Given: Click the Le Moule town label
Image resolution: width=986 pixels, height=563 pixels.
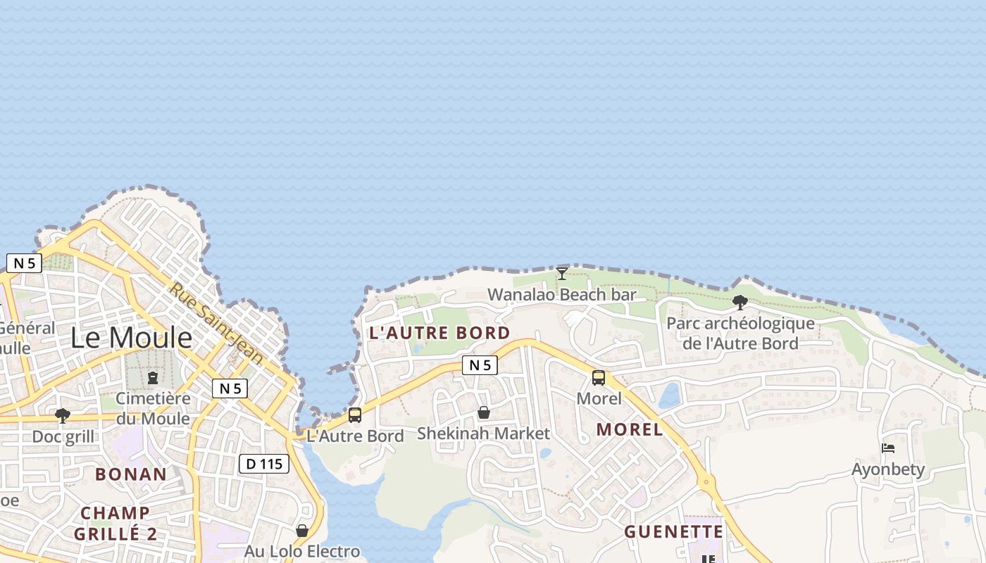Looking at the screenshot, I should pyautogui.click(x=131, y=338).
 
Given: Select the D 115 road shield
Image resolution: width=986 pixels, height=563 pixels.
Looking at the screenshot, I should pyautogui.click(x=264, y=464).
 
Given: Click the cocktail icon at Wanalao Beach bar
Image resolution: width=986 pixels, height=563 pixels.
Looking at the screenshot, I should pyautogui.click(x=561, y=273).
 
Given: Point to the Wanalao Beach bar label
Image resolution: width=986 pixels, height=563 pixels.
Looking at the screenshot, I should pyautogui.click(x=561, y=294).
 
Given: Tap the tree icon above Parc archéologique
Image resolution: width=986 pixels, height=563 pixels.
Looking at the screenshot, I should pyautogui.click(x=739, y=303).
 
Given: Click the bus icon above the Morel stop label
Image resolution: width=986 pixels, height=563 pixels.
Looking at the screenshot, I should pyautogui.click(x=599, y=378).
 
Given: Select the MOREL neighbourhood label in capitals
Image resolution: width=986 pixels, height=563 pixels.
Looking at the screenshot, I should pyautogui.click(x=630, y=429).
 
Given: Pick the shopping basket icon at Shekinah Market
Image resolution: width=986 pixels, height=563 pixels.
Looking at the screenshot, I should pyautogui.click(x=483, y=412).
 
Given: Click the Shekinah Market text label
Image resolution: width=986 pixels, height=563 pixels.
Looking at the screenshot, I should pyautogui.click(x=483, y=434).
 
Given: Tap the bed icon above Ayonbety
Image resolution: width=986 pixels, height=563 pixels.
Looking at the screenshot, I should pyautogui.click(x=888, y=448).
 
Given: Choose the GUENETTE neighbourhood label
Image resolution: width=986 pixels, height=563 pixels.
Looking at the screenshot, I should pyautogui.click(x=673, y=531).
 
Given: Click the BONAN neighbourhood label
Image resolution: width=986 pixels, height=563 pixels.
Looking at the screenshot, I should pyautogui.click(x=131, y=474).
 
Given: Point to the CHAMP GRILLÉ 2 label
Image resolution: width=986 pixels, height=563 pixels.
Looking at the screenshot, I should pyautogui.click(x=116, y=523).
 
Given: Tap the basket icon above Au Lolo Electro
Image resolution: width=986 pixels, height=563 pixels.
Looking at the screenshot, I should pyautogui.click(x=302, y=531).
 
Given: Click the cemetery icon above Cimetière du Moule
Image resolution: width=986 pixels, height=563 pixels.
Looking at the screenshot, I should pyautogui.click(x=153, y=378).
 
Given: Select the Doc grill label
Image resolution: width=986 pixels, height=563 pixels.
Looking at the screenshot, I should pyautogui.click(x=63, y=436).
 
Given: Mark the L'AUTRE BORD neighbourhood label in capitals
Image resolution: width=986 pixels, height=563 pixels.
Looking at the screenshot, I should pyautogui.click(x=439, y=333).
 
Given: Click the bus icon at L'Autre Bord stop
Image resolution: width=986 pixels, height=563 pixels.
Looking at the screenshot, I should pyautogui.click(x=355, y=415).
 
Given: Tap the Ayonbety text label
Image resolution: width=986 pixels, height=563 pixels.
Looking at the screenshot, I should pyautogui.click(x=888, y=469).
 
